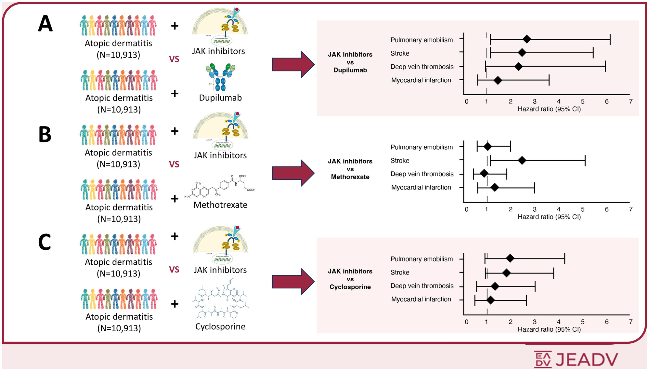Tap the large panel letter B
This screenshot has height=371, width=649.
click(45, 134)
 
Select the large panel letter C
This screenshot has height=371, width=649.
click(45, 242)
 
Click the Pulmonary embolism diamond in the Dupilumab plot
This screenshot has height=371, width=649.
click(527, 39)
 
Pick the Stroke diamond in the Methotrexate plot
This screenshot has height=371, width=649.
click(522, 160)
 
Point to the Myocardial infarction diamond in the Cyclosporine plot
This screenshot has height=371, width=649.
click(491, 300)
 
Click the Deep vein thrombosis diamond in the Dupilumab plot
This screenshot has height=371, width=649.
click(519, 67)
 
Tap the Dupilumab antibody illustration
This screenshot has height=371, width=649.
click(220, 77)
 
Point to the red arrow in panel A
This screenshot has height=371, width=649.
click(293, 64)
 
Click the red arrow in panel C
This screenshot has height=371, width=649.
click(293, 282)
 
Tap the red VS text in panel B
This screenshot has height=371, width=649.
click(174, 164)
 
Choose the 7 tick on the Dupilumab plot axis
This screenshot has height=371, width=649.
click(631, 101)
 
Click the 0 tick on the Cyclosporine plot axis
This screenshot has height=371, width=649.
click(467, 322)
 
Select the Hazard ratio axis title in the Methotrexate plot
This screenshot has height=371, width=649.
click(549, 217)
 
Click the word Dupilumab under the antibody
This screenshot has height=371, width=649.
click(220, 98)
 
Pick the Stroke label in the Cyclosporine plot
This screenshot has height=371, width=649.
click(400, 272)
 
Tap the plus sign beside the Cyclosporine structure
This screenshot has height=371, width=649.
click(175, 304)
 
